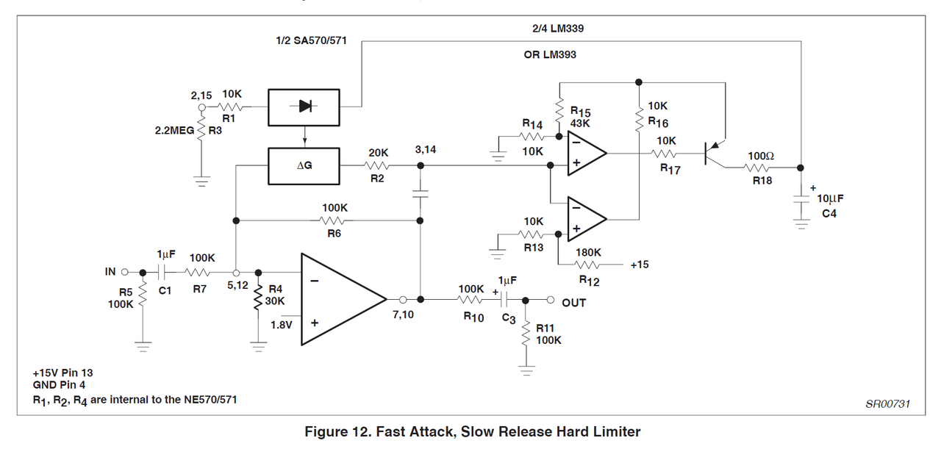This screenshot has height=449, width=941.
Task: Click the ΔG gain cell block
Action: click(x=303, y=166)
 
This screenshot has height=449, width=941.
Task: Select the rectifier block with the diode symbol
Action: click(x=303, y=107)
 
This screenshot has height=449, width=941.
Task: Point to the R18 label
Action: click(x=762, y=180)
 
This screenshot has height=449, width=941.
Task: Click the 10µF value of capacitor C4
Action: click(x=830, y=198)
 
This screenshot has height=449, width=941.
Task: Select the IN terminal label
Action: click(x=110, y=272)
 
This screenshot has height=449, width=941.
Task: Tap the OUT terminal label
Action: click(x=574, y=302)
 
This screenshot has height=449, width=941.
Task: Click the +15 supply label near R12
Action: click(x=639, y=265)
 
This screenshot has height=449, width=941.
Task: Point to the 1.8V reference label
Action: click(x=282, y=323)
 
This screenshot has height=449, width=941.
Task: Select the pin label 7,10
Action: click(x=403, y=315)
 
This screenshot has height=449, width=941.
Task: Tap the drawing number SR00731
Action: click(x=888, y=403)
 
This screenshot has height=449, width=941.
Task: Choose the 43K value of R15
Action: click(x=582, y=124)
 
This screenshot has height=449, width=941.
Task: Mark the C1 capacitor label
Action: click(x=165, y=290)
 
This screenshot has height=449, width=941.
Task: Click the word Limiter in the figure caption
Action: click(x=613, y=431)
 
